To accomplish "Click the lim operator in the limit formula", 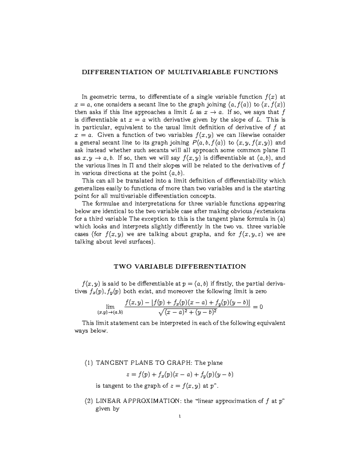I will pyautogui.click(x=110, y=307).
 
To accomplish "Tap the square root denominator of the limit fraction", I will pyautogui.click(x=187, y=313).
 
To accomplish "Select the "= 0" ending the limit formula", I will pyautogui.click(x=258, y=307).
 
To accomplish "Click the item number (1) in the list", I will pyautogui.click(x=89, y=363).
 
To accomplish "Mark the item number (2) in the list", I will pyautogui.click(x=89, y=401).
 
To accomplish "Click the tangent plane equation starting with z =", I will pyautogui.click(x=179, y=374).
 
